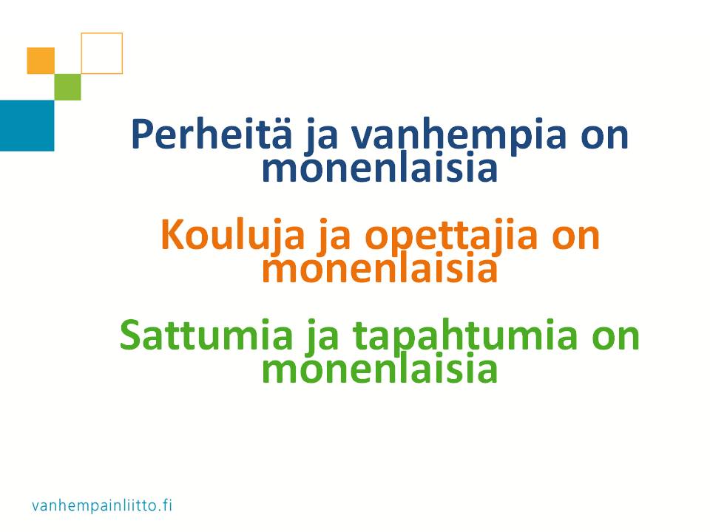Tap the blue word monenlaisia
pyautogui.click(x=379, y=168)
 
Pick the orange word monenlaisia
pyautogui.click(x=379, y=267)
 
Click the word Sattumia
pyautogui.click(x=206, y=335)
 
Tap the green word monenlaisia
pyautogui.click(x=379, y=369)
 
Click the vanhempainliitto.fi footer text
pyautogui.click(x=102, y=505)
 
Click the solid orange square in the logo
pyautogui.click(x=41, y=61)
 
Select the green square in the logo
pyautogui.click(x=68, y=87)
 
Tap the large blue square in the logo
pyautogui.click(x=27, y=126)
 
